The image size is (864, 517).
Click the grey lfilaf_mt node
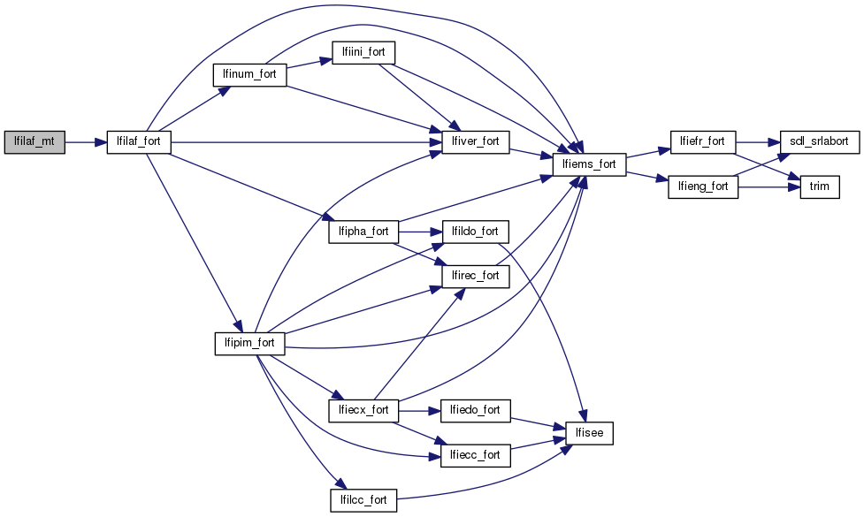click(34, 141)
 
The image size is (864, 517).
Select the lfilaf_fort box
click(139, 141)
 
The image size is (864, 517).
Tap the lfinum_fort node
click(249, 74)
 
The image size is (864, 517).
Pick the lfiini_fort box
click(363, 52)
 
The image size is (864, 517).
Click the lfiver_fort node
click(476, 141)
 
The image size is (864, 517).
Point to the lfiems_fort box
click(589, 163)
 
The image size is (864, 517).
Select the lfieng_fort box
click(703, 186)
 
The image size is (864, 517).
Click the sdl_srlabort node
click(814, 141)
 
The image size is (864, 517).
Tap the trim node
click(819, 186)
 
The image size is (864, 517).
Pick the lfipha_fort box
click(363, 232)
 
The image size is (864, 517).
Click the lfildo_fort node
click(476, 232)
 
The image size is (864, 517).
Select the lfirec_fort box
click(476, 276)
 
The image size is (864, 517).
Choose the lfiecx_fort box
click(363, 410)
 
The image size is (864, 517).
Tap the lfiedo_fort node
click(476, 410)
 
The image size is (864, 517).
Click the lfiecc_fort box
click(476, 455)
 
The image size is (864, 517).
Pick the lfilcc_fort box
click(363, 500)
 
